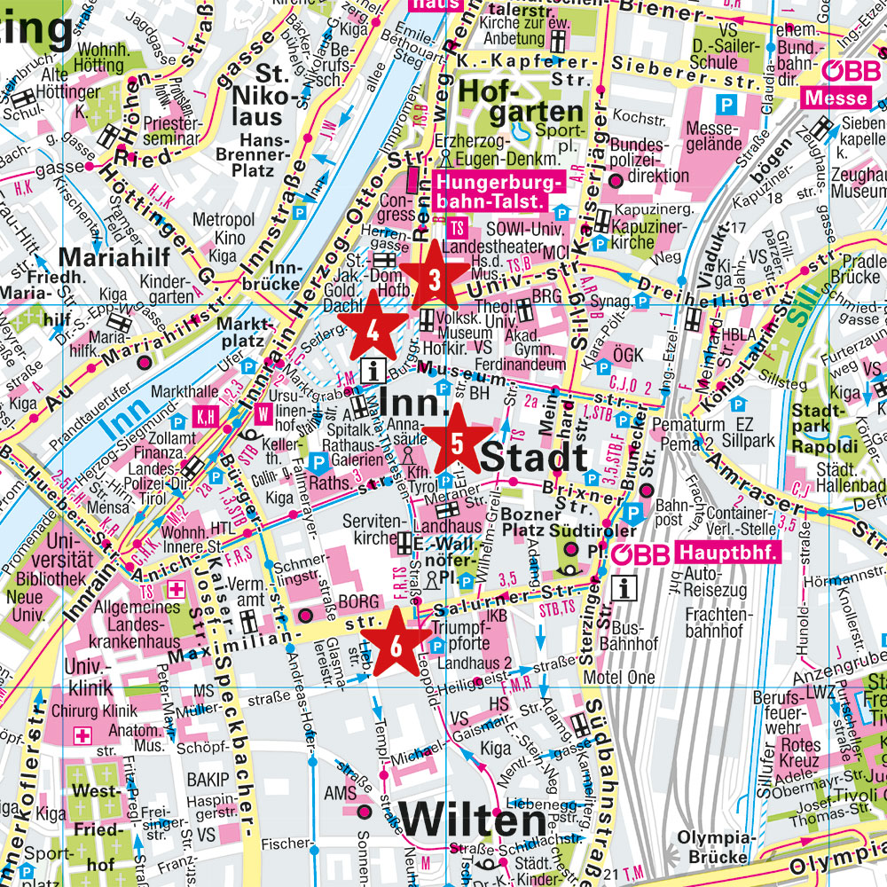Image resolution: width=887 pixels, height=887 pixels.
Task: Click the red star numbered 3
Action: (434, 279)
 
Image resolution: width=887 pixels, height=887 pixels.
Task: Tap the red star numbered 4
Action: (374, 330)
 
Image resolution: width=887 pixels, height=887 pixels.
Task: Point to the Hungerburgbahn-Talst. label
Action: (490, 192)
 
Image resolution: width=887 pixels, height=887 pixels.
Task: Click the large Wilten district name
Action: (472, 820)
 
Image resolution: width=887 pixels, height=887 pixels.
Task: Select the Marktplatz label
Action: (241, 331)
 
